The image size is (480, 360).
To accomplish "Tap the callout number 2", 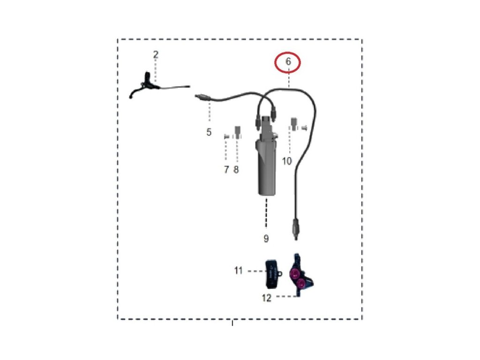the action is click(x=156, y=55).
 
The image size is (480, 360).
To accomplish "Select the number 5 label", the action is click(x=209, y=132).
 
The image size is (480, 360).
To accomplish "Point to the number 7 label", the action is click(x=226, y=169).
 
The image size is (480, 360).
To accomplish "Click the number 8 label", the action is click(x=236, y=169).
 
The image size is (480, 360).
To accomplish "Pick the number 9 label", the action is click(x=266, y=239).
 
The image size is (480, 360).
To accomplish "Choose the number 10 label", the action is click(x=287, y=161).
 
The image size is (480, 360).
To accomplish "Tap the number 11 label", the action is click(x=239, y=270).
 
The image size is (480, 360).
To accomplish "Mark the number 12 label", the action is click(x=266, y=298).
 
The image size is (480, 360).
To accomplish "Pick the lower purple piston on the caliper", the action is click(x=301, y=283).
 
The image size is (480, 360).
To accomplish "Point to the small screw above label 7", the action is click(x=226, y=136).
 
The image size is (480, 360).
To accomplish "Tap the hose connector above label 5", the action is click(x=202, y=97).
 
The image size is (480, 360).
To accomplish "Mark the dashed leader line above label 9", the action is click(x=266, y=213).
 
